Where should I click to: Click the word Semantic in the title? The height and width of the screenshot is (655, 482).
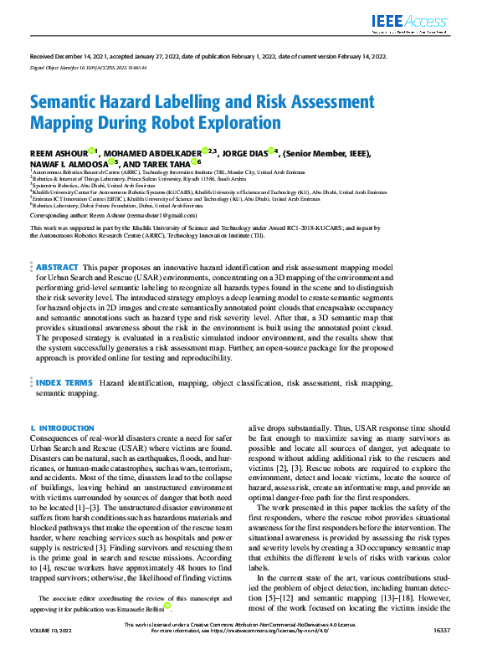pyautogui.click(x=70, y=102)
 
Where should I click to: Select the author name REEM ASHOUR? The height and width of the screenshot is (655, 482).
pyautogui.click(x=59, y=152)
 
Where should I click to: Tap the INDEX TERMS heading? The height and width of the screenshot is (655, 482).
pyautogui.click(x=65, y=381)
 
